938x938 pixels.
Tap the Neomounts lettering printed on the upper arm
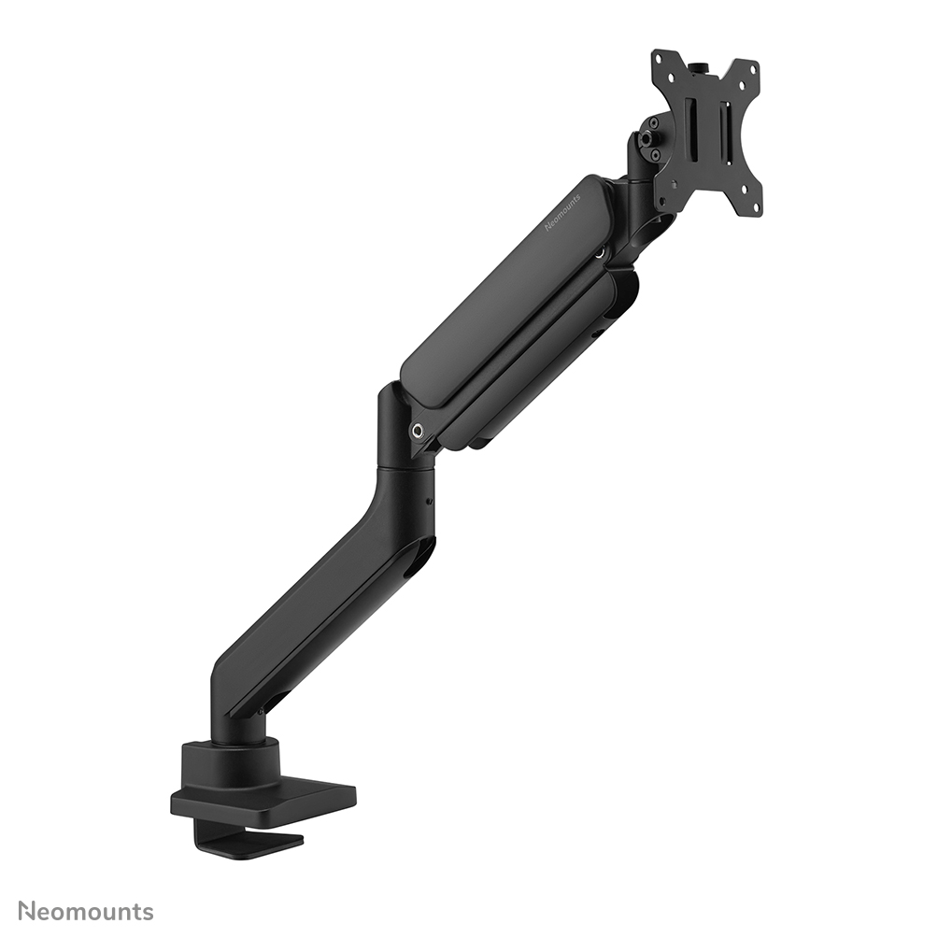pos(563,212)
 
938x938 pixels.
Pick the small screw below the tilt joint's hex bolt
pos(654,152)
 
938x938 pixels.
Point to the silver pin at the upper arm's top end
pos(601,251)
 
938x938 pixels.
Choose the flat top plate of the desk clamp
pos(271,799)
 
